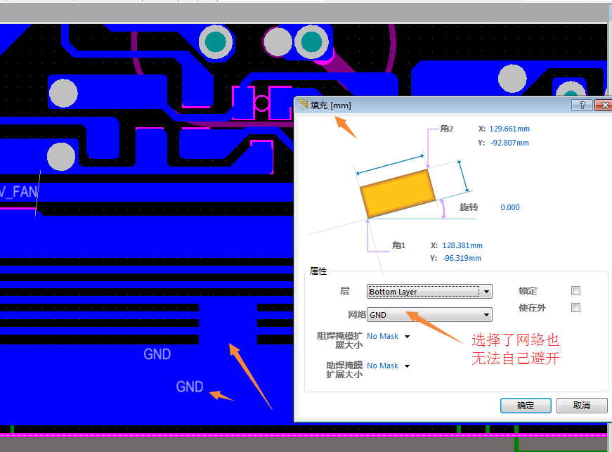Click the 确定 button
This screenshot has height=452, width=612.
526,406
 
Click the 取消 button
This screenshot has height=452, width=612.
581,406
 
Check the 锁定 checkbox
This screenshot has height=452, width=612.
576,291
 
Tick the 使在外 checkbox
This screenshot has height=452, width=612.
576,307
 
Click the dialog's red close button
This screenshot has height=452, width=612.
602,105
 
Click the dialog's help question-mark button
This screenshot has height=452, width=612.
582,105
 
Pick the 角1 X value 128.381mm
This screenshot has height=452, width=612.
462,245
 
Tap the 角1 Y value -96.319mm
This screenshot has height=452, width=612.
462,258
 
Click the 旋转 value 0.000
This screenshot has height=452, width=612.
510,207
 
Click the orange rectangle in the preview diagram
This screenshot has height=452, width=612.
397,193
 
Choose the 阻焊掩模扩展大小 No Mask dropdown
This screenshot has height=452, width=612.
388,336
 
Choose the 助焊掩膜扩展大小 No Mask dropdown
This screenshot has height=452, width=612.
388,366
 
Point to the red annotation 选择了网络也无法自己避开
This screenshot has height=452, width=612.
515,349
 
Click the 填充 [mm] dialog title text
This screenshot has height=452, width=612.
331,105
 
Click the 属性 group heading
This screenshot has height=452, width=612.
318,271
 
